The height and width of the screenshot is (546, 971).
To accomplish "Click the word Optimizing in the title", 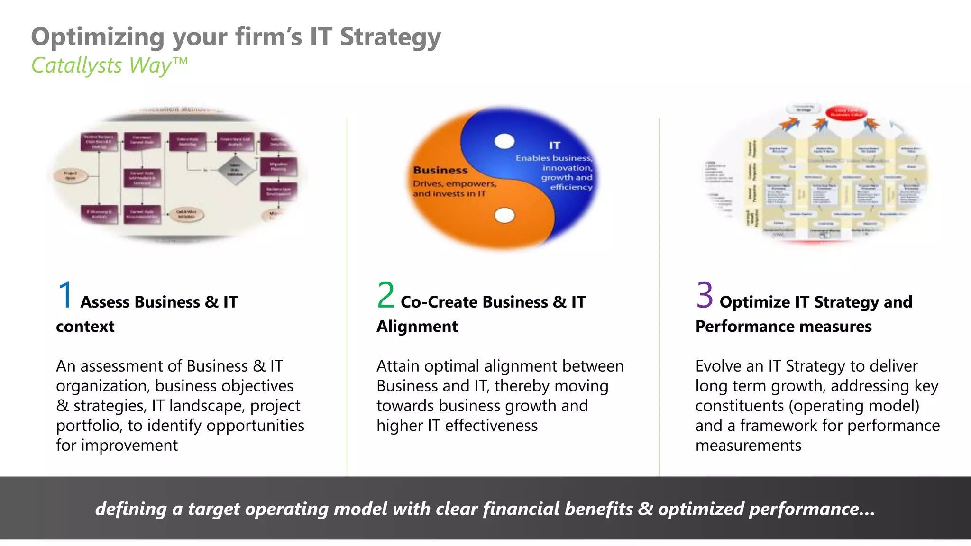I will [x=97, y=37].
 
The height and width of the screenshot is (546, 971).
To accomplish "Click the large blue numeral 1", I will [x=65, y=295].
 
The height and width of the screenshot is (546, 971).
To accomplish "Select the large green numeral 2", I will [x=385, y=295].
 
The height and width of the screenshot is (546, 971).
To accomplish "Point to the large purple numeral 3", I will [x=705, y=295].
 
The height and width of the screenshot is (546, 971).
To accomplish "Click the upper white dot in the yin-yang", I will [x=504, y=141].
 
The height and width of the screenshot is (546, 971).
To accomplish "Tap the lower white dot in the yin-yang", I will [x=504, y=216].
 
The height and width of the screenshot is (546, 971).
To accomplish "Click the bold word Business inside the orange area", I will [x=440, y=170].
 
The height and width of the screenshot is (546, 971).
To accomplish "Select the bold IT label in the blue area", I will [x=554, y=146].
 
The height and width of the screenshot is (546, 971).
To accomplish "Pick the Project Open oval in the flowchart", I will [x=70, y=176].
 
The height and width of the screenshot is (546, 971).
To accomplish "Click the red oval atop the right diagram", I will [x=846, y=113].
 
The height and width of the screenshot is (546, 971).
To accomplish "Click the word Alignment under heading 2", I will [x=417, y=327].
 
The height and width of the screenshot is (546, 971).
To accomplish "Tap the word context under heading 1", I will [x=85, y=327].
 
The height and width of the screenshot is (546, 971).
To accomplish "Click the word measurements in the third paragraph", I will [x=748, y=446].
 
